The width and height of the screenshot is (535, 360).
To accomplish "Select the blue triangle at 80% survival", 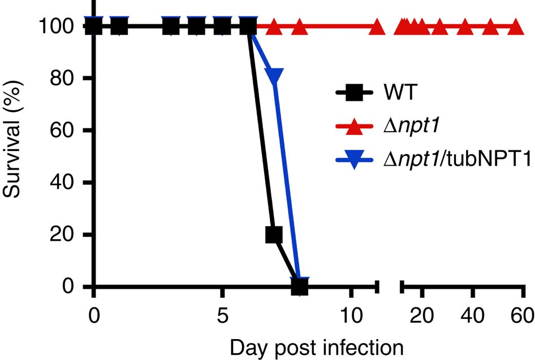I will (x=274, y=76).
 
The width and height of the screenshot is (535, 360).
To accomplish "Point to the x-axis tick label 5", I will (x=222, y=315).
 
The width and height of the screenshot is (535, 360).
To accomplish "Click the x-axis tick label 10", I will (x=351, y=315).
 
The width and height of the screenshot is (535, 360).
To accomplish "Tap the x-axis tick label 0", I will (x=93, y=315).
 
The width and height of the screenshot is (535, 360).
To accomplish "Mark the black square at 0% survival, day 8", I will (x=299, y=286).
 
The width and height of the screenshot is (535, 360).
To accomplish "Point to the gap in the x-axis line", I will (x=389, y=287).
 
